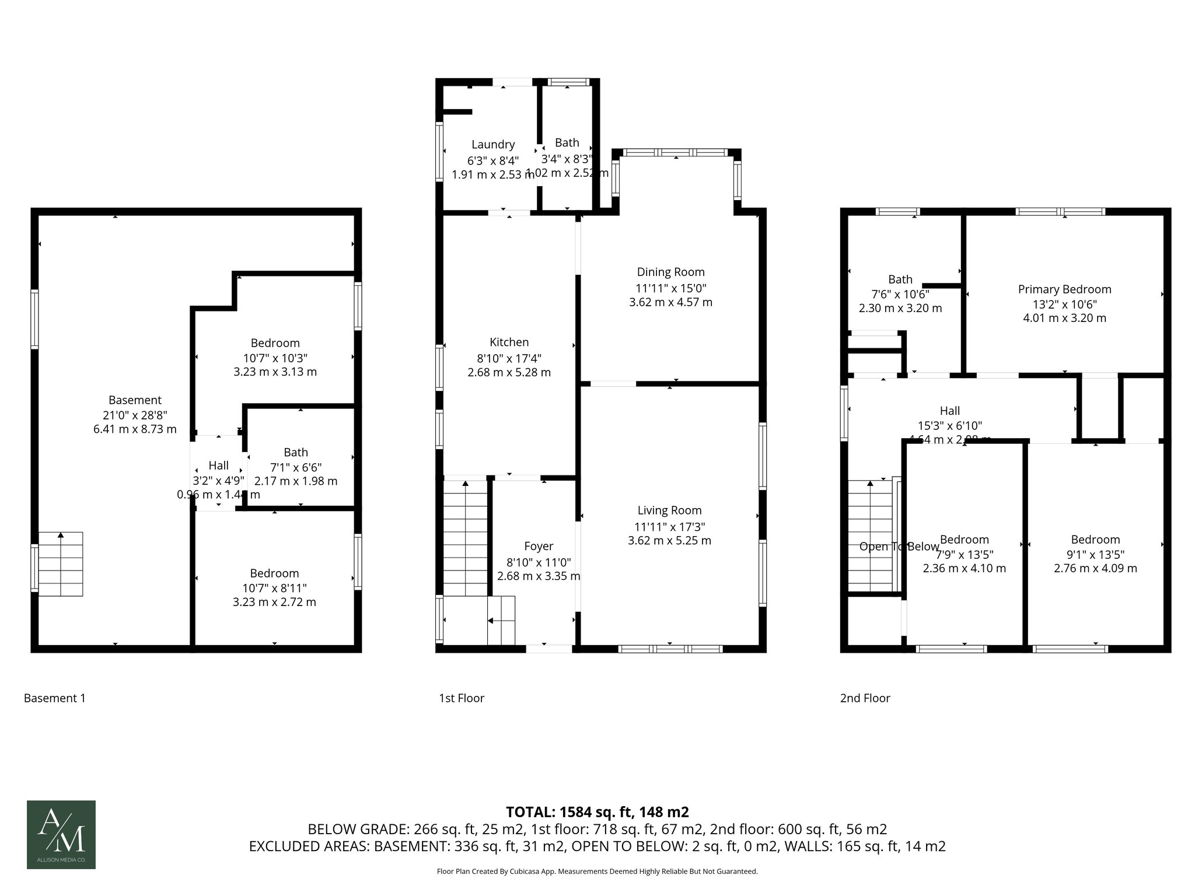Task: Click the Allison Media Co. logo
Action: [61, 834]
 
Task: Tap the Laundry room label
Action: [493, 145]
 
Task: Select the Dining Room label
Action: [670, 272]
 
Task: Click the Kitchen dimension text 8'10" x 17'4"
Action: [509, 358]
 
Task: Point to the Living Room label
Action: [669, 510]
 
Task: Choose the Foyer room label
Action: [538, 546]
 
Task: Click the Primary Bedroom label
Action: [1064, 289]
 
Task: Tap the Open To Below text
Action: [899, 547]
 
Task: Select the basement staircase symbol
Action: [61, 563]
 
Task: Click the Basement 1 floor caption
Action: [54, 698]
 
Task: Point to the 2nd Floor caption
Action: [865, 698]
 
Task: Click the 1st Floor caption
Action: [461, 698]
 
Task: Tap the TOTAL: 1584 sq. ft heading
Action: [597, 811]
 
